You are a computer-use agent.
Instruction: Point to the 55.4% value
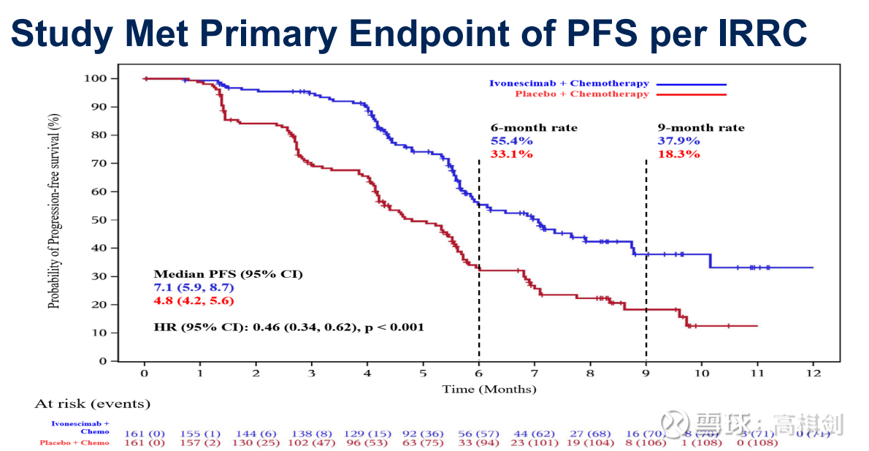pyautogui.click(x=511, y=140)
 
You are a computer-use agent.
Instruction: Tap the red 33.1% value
pyautogui.click(x=511, y=154)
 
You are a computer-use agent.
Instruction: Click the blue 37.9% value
pyautogui.click(x=678, y=140)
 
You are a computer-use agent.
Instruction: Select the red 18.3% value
pyautogui.click(x=678, y=154)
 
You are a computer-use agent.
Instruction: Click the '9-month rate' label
pyautogui.click(x=701, y=128)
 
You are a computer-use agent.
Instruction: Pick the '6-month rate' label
pyautogui.click(x=534, y=128)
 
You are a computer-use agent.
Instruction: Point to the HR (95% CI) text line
pyautogui.click(x=288, y=327)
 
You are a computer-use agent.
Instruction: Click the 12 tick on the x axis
pyautogui.click(x=813, y=374)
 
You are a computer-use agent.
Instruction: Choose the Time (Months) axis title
pyautogui.click(x=489, y=389)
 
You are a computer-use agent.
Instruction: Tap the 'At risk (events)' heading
pyautogui.click(x=92, y=403)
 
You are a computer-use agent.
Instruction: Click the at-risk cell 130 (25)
pyautogui.click(x=257, y=442)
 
